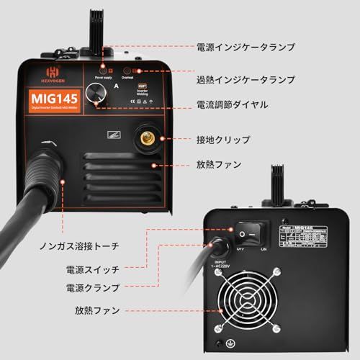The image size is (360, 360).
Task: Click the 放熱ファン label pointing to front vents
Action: pyautogui.click(x=219, y=164)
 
